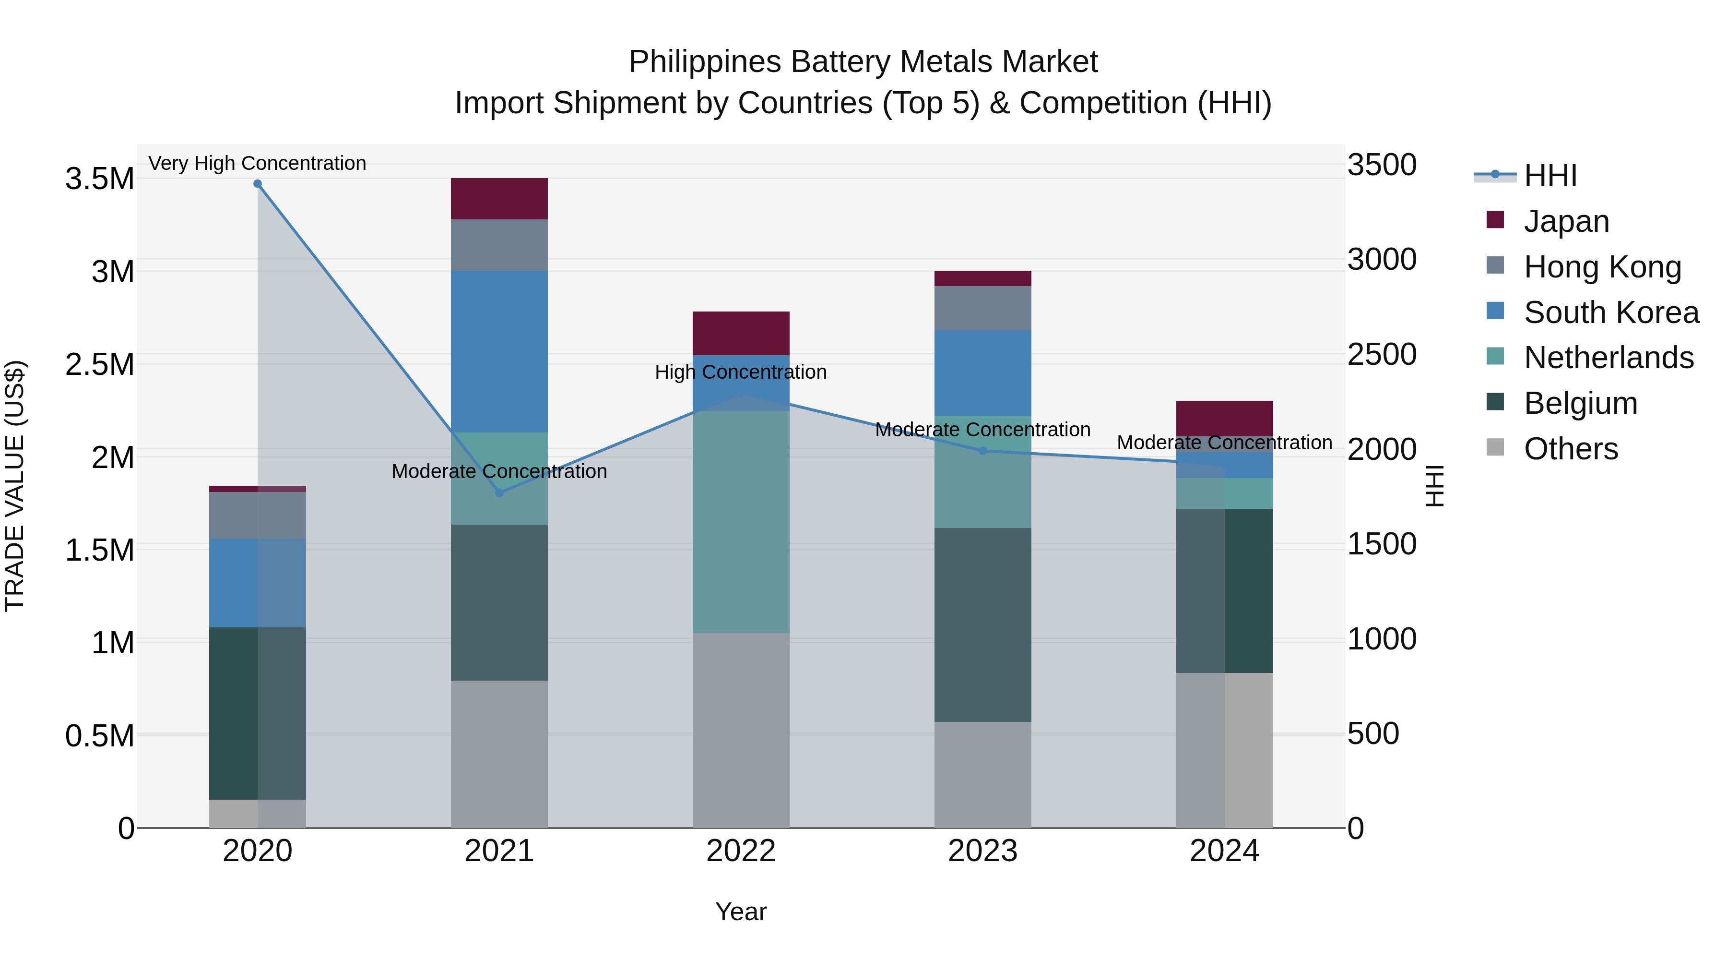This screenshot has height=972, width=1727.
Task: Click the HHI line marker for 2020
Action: coord(258,184)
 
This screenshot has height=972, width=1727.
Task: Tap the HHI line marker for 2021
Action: coord(499,493)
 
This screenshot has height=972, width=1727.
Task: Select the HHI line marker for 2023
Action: coord(983,451)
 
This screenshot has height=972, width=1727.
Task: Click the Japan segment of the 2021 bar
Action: coord(499,199)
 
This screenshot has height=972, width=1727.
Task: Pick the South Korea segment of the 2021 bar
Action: coord(499,351)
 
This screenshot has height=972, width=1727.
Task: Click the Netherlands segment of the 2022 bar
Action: coord(741,522)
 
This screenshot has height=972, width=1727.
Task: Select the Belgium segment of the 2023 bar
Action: coord(983,624)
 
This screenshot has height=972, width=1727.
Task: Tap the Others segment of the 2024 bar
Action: coord(1225,750)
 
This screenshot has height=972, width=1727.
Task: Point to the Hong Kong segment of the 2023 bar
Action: coord(983,308)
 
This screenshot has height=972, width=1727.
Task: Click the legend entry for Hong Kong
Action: coord(1602,267)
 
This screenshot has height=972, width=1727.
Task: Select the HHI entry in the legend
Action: coord(1550,176)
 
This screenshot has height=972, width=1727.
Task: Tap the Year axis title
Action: coord(740,912)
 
